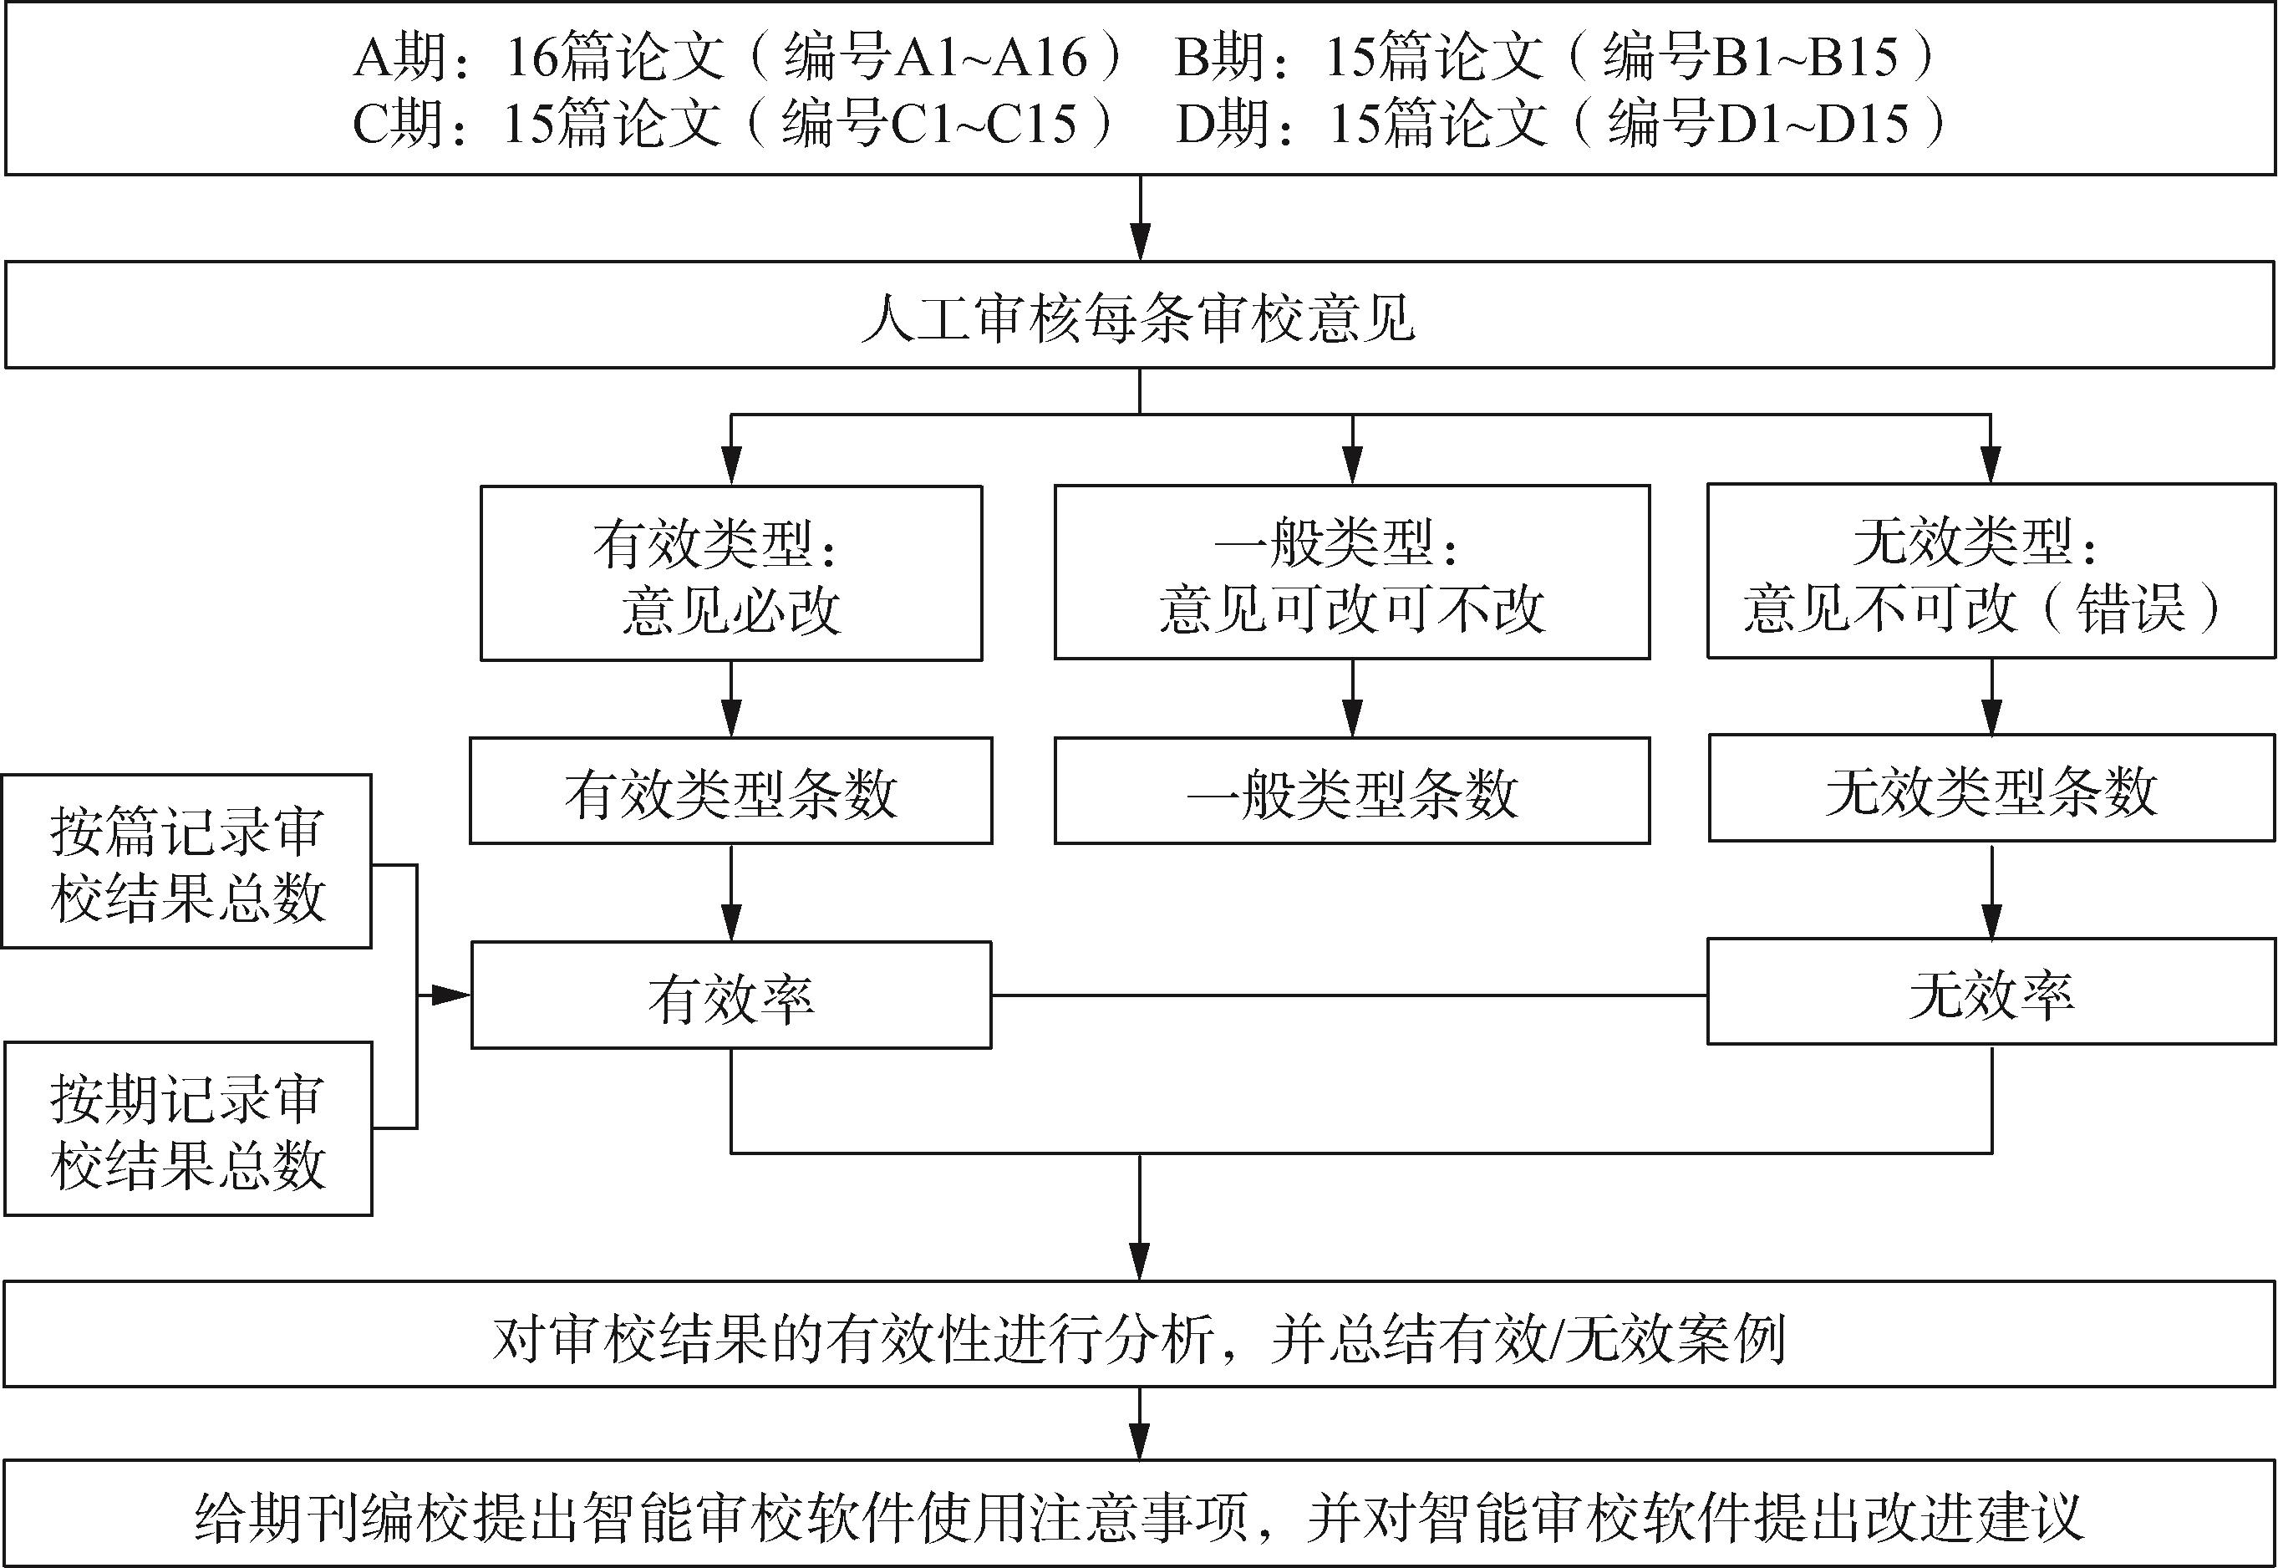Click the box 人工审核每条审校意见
pyautogui.click(x=1140, y=315)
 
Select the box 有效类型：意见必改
pyautogui.click(x=731, y=573)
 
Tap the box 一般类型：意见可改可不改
pyautogui.click(x=1351, y=573)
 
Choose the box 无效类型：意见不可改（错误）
pyautogui.click(x=1991, y=572)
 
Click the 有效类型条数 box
pyautogui.click(x=731, y=791)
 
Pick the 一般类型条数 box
pyautogui.click(x=1351, y=791)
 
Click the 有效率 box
pyautogui.click(x=731, y=996)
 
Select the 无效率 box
pyautogui.click(x=1991, y=992)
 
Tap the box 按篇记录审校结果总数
pyautogui.click(x=186, y=862)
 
